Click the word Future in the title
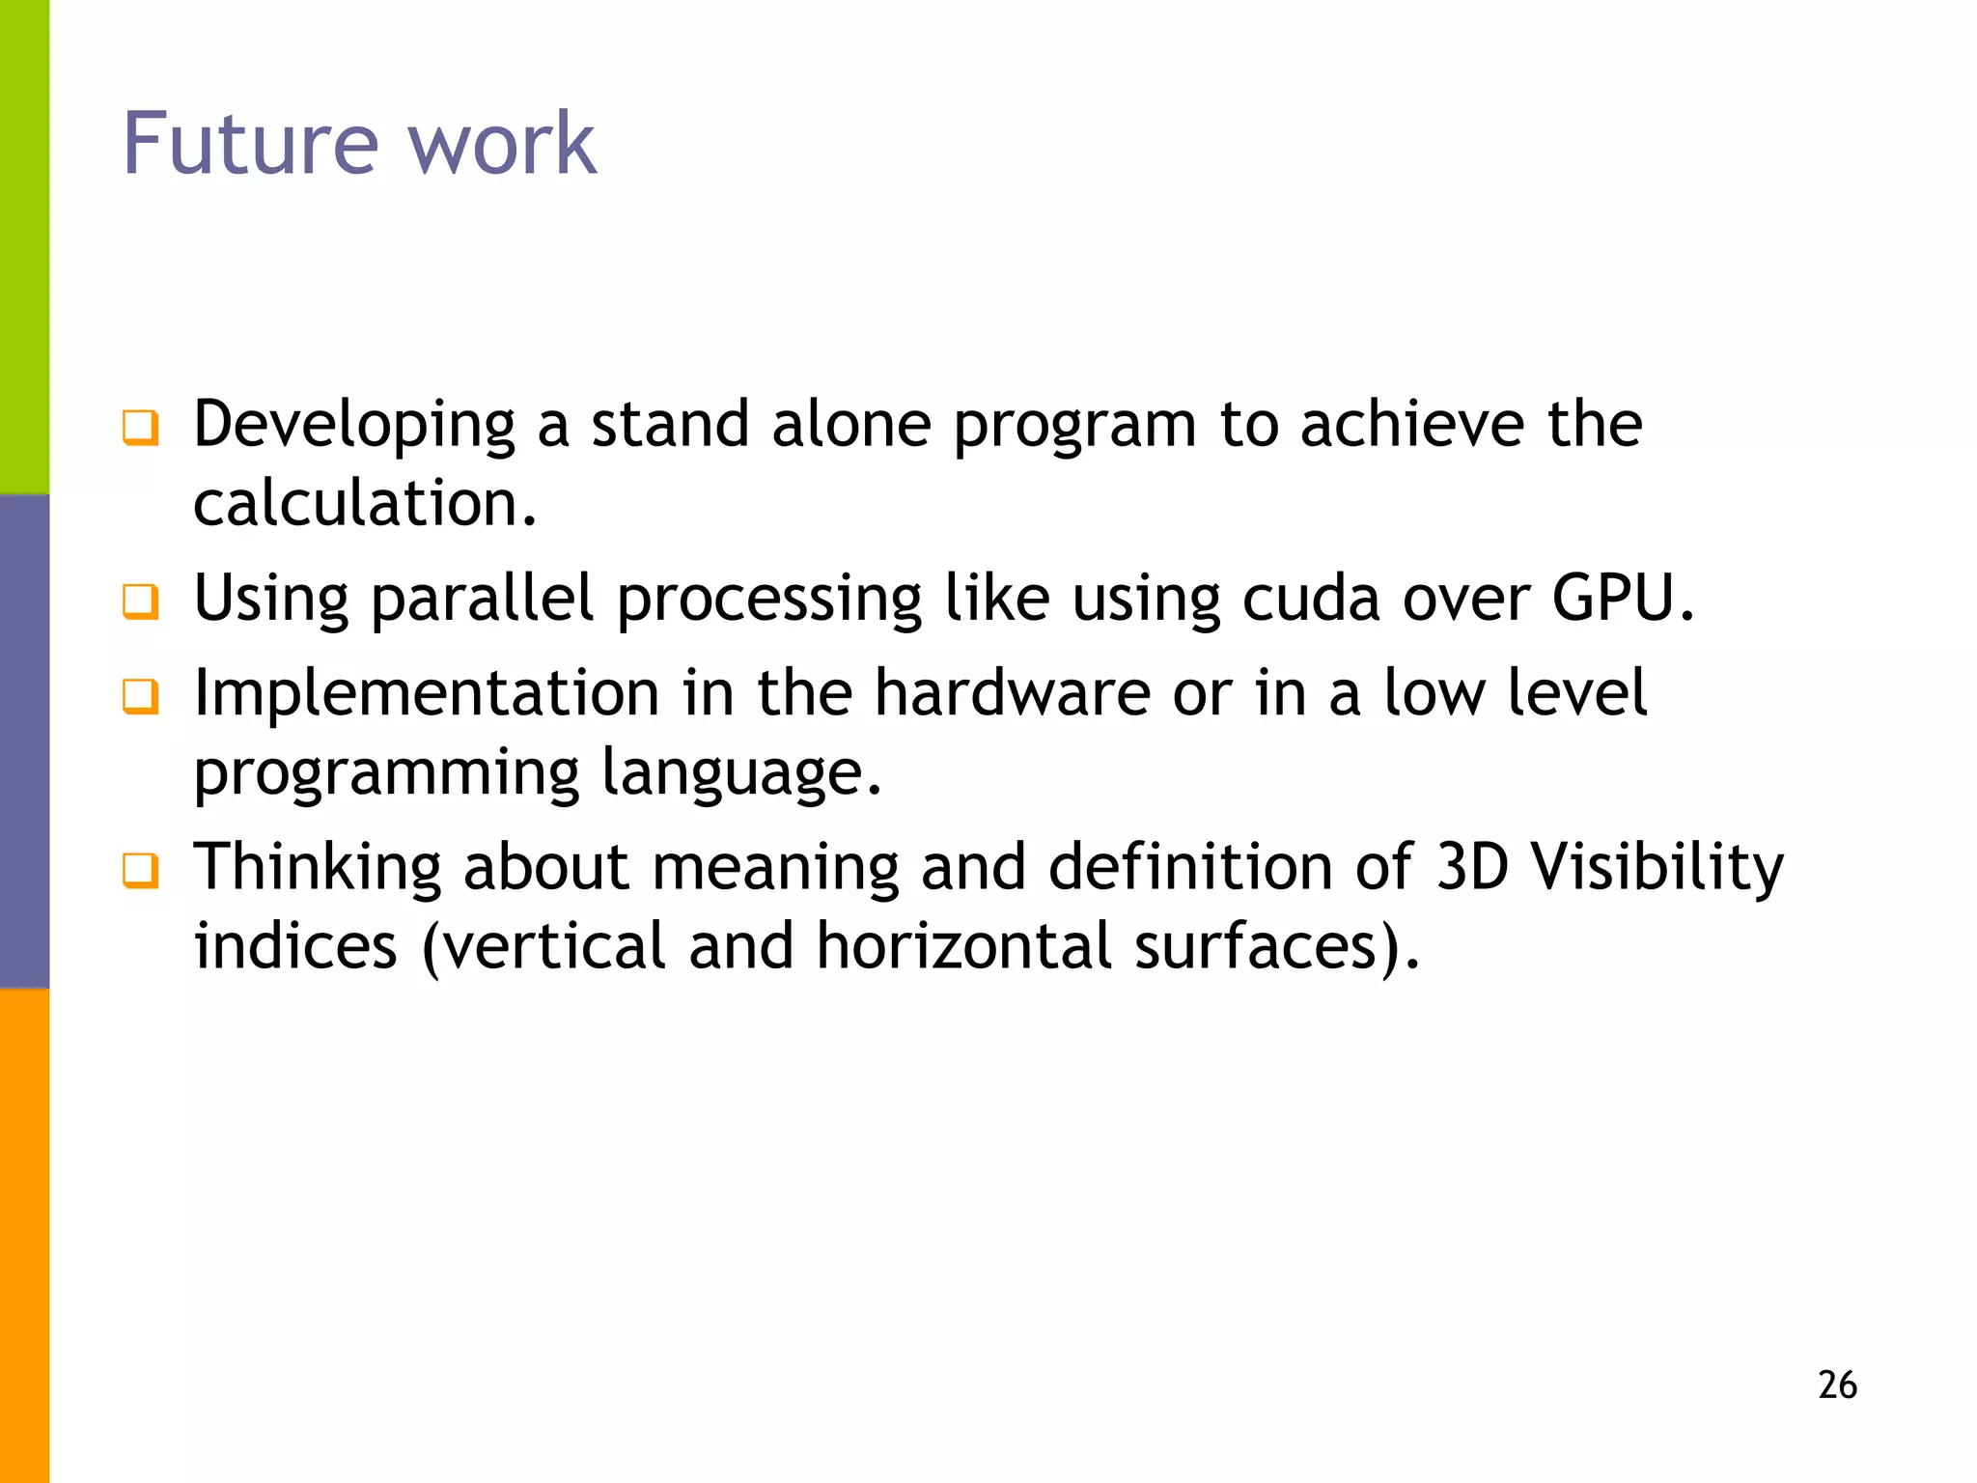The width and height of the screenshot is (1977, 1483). coord(250,145)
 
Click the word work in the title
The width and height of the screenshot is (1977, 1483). coord(502,145)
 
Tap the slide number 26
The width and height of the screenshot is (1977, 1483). coord(1837,1385)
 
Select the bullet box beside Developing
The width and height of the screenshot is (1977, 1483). coord(141,427)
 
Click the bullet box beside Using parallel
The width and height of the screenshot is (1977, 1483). coord(141,601)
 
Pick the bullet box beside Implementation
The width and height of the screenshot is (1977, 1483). coord(141,695)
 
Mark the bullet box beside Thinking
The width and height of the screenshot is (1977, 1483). coord(141,870)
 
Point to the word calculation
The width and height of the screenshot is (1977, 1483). coord(364,504)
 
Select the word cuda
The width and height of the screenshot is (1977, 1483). coord(1311,599)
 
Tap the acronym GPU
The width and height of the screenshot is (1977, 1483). coord(1622,599)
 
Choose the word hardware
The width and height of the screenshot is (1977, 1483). coord(1013,693)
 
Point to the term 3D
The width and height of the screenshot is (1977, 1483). coord(1472,866)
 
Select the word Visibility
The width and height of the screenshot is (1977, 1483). coord(1657,868)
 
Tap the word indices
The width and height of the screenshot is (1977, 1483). coord(295,945)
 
